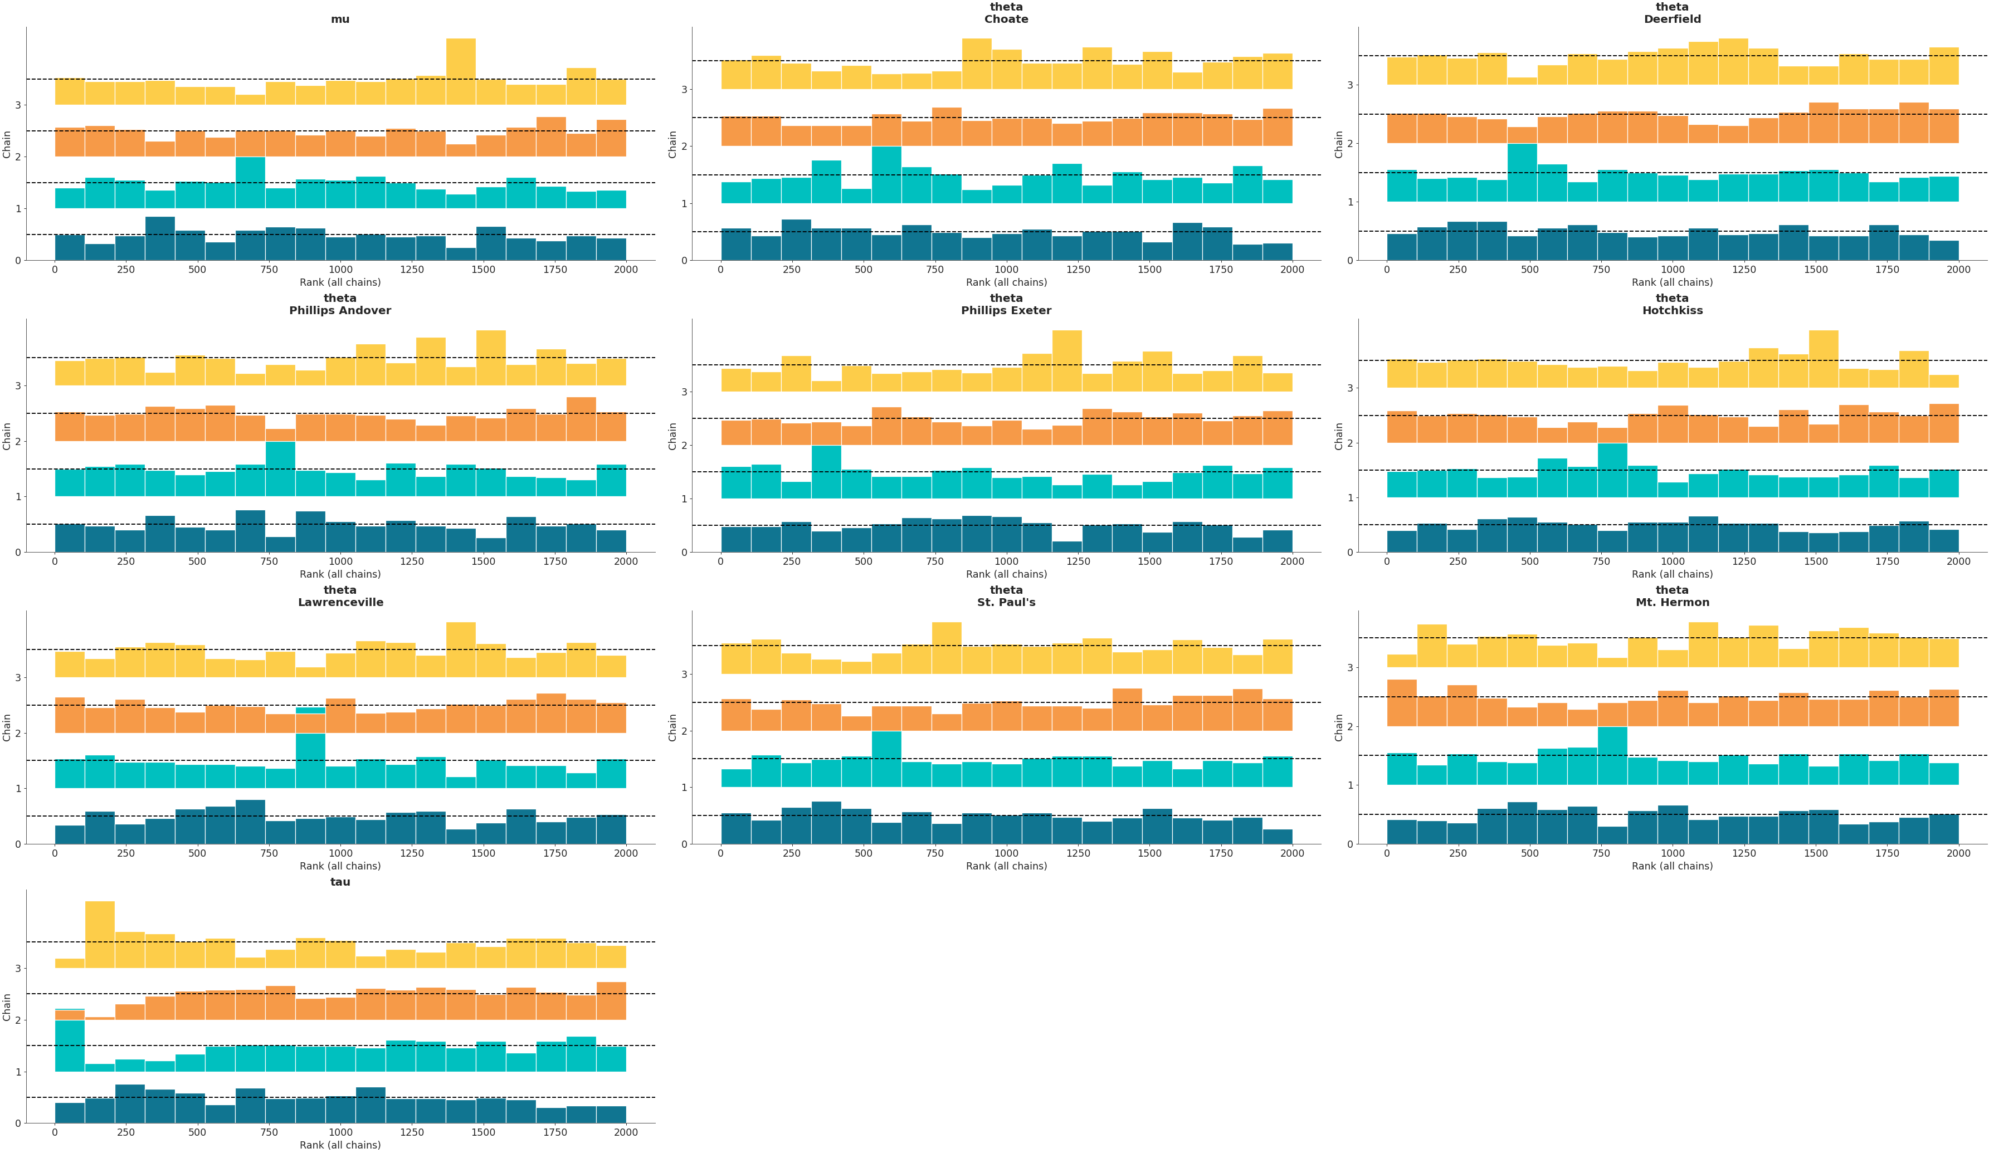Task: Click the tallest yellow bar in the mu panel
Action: pyautogui.click(x=461, y=71)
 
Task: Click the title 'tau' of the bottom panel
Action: pyautogui.click(x=340, y=882)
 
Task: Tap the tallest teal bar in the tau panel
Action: pyautogui.click(x=70, y=1045)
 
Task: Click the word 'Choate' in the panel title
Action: pyautogui.click(x=1006, y=19)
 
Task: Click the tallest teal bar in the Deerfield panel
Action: pyautogui.click(x=1522, y=173)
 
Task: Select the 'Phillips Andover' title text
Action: pyautogui.click(x=340, y=310)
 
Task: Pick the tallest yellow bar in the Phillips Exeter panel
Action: pyautogui.click(x=1066, y=360)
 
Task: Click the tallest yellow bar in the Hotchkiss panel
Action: pyautogui.click(x=1823, y=359)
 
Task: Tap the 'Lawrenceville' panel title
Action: pyautogui.click(x=340, y=602)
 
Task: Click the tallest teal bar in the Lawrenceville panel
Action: pyautogui.click(x=310, y=761)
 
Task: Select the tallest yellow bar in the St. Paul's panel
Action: pyautogui.click(x=947, y=648)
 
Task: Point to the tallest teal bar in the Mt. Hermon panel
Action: pyautogui.click(x=1612, y=756)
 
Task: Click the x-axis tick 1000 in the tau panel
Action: pyautogui.click(x=340, y=1132)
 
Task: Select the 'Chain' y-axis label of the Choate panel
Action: pyautogui.click(x=672, y=144)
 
